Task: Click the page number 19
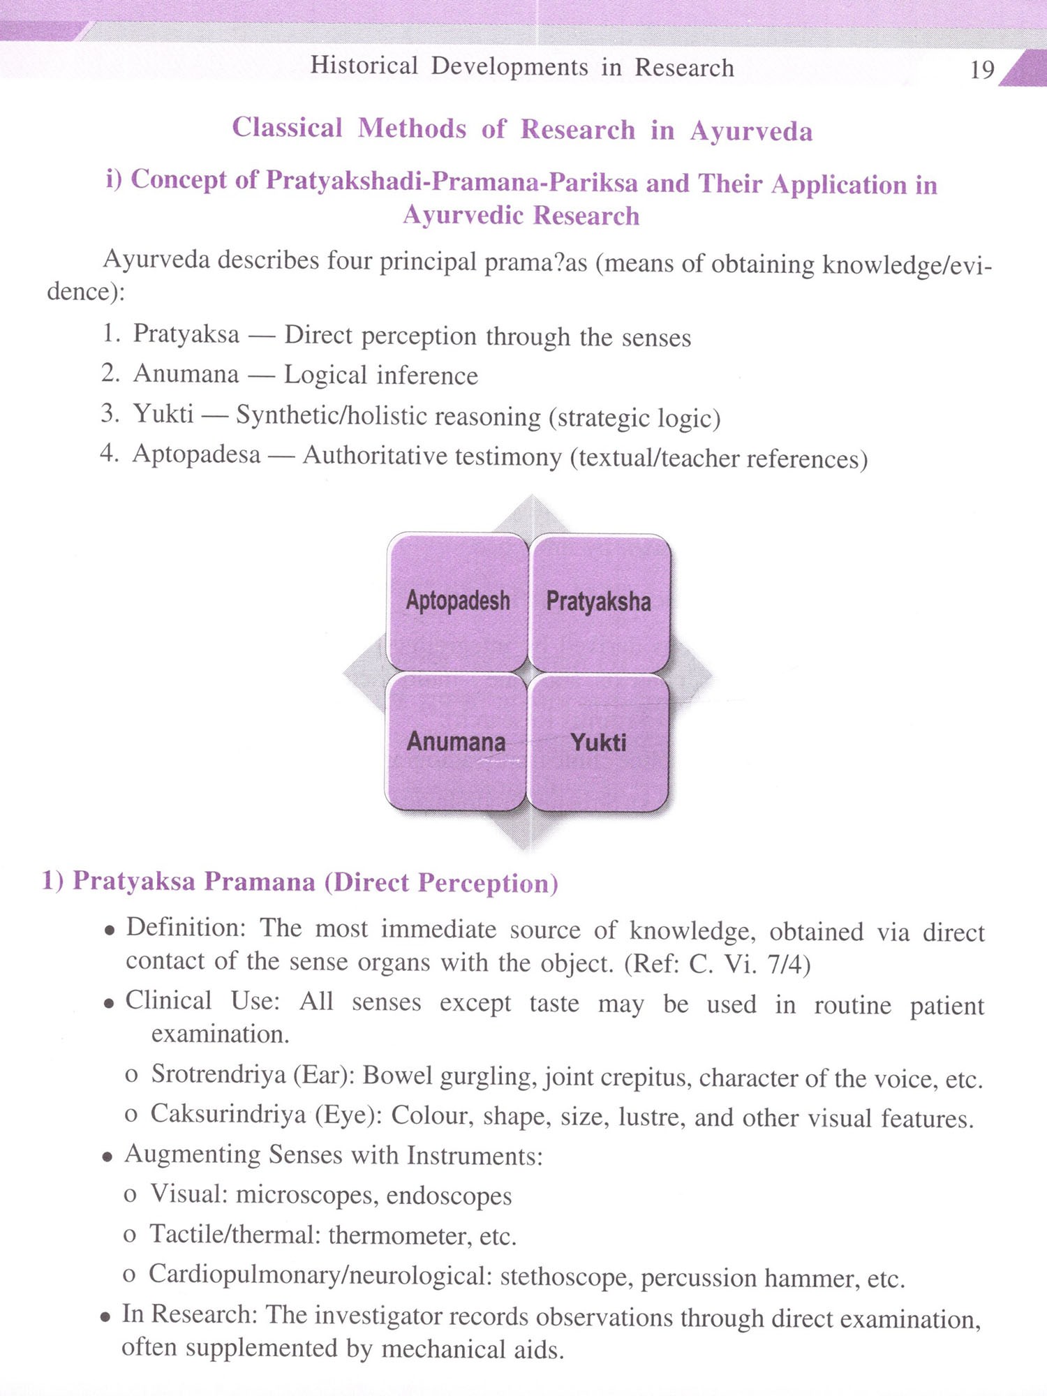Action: click(982, 70)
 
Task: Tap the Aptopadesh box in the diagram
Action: click(457, 602)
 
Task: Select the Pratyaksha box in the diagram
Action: click(599, 602)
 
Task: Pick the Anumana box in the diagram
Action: click(456, 742)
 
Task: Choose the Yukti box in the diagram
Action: click(598, 743)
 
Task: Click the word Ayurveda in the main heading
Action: click(751, 131)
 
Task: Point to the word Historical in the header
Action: click(364, 66)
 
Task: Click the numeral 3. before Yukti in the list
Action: click(110, 413)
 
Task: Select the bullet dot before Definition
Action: click(109, 931)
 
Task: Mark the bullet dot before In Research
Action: click(105, 1317)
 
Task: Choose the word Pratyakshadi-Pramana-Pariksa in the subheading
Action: click(452, 181)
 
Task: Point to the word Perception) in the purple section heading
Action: click(488, 884)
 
